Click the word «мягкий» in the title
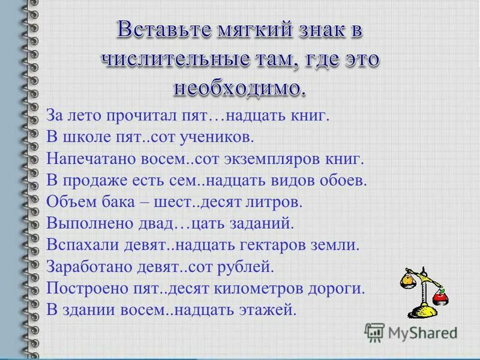(x=230, y=29)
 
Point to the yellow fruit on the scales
(x=407, y=280)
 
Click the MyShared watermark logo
(x=412, y=331)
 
